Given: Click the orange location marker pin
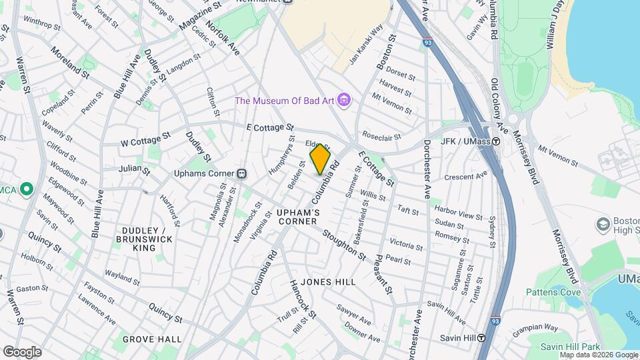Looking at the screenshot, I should [x=320, y=159].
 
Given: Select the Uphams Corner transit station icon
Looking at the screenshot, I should [x=242, y=173].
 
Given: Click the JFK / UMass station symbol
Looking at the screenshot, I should [x=496, y=141].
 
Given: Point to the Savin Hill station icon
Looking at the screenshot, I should [x=481, y=337].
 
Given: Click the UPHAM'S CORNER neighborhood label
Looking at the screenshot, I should [x=298, y=217].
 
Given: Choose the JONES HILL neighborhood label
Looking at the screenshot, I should [x=328, y=282].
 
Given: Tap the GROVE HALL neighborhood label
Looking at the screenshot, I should [x=152, y=339].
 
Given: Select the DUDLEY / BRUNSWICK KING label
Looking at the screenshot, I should [x=144, y=239].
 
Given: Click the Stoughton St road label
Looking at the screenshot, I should [x=344, y=246].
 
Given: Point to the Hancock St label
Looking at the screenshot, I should [x=301, y=294].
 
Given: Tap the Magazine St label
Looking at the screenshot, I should [x=199, y=18].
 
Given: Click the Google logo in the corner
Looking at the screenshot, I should [x=22, y=351].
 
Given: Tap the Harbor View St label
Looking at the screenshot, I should [x=458, y=216].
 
